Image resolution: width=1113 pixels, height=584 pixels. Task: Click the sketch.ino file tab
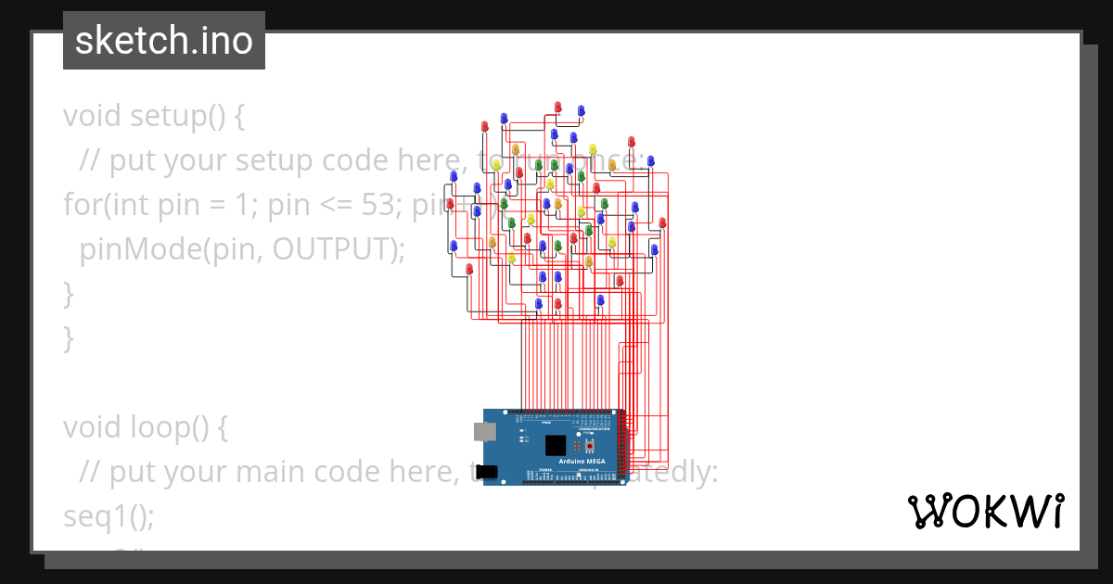pos(163,41)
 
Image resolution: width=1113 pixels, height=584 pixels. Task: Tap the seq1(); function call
pos(109,516)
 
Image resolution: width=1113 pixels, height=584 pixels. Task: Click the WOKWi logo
pos(984,512)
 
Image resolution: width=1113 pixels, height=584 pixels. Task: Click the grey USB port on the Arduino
pos(484,431)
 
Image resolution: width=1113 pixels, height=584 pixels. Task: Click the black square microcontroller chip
pos(556,445)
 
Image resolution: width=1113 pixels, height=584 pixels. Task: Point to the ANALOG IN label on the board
pos(589,470)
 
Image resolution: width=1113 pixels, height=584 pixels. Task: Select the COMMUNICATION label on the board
pos(594,430)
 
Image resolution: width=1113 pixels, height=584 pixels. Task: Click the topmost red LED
pos(558,107)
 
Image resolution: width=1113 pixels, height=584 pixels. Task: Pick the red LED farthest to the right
pos(662,222)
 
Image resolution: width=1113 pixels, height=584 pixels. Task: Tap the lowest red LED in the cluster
pos(557,303)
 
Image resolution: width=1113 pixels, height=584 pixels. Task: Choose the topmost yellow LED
pos(593,149)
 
